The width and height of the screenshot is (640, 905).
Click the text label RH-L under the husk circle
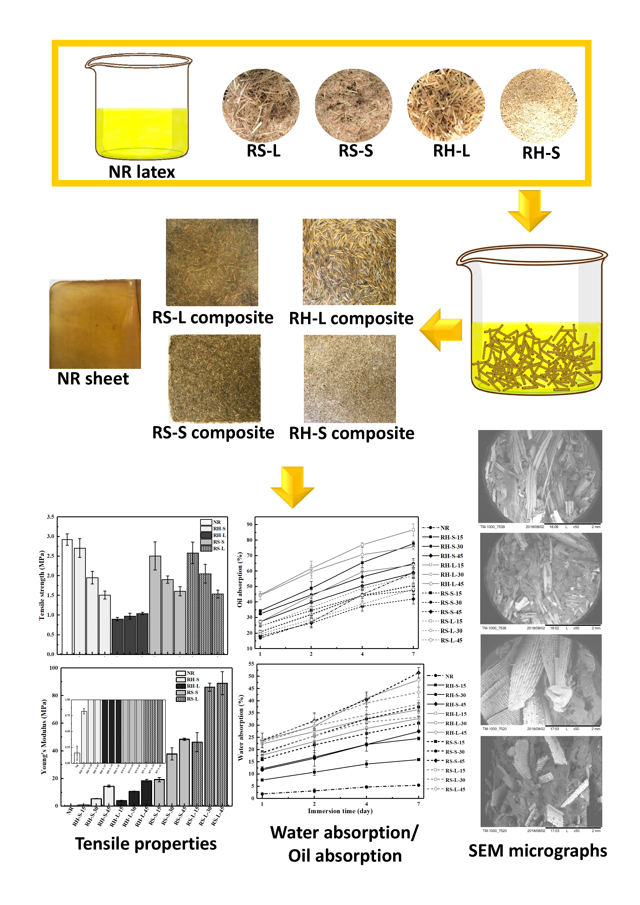[x=451, y=151]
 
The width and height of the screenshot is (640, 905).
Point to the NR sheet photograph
[x=95, y=324]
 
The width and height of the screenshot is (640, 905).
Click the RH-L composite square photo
[x=349, y=262]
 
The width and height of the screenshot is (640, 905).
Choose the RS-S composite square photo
[x=214, y=378]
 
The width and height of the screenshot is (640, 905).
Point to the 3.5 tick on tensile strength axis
[x=50, y=517]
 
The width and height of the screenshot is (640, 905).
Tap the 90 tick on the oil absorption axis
[x=249, y=524]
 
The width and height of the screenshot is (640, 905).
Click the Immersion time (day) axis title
[x=340, y=811]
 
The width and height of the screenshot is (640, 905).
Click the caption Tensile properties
[x=146, y=844]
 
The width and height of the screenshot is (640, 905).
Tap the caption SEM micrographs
[x=537, y=851]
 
